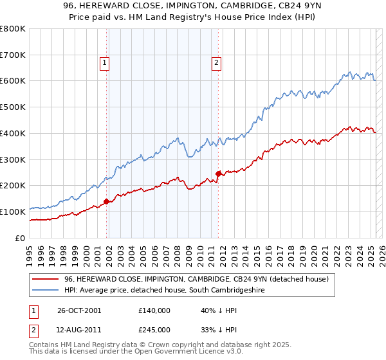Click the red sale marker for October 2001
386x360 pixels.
(x=107, y=201)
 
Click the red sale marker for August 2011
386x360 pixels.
(x=219, y=173)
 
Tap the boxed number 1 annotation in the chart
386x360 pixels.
(x=104, y=62)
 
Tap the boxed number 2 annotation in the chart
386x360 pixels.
(x=216, y=62)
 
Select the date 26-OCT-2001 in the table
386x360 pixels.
(x=80, y=310)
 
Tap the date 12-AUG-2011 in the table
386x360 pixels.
(x=80, y=330)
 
